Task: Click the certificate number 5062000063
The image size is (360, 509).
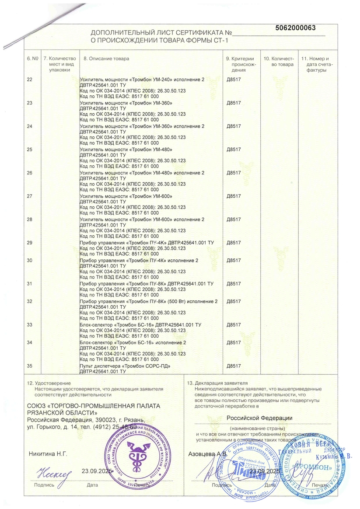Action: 295,28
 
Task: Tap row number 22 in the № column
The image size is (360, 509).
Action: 30,80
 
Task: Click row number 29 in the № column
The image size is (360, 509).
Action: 30,242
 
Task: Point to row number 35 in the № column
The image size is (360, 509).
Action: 30,366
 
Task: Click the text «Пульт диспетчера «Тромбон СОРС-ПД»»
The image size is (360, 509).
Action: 124,366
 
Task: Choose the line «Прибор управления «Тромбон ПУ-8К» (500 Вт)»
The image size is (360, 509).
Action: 148,301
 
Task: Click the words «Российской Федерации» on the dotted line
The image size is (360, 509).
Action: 260,418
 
